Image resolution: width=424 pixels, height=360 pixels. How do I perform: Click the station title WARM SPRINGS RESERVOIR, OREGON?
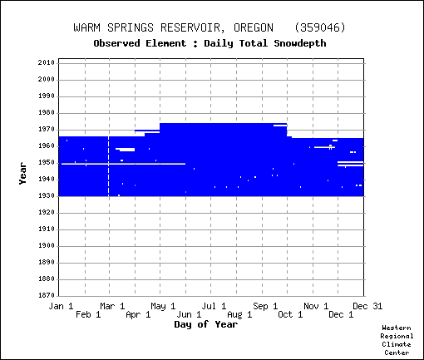(174, 27)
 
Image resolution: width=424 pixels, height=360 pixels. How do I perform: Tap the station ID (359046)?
(320, 27)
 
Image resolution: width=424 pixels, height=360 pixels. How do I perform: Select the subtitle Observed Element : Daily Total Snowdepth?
(210, 43)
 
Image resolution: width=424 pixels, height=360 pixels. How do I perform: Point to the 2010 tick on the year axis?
(47, 63)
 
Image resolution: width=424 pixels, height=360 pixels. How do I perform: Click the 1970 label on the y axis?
(47, 130)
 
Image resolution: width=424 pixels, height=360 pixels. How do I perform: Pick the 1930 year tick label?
(47, 196)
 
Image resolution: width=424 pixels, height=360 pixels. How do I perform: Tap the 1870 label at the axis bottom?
(47, 295)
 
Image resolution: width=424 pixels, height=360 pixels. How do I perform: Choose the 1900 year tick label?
(47, 246)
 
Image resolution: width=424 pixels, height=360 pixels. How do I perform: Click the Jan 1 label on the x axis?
(61, 306)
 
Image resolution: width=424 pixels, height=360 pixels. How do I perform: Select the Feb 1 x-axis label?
(88, 314)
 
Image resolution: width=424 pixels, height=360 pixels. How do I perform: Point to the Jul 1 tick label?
(214, 306)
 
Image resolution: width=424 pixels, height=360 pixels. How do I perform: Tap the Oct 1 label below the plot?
(290, 314)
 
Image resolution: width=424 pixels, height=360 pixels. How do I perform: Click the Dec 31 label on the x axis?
(367, 306)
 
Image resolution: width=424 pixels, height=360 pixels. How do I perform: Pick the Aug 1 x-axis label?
(239, 314)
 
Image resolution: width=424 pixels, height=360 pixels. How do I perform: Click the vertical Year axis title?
(22, 174)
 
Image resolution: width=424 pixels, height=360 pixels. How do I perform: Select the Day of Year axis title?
(206, 324)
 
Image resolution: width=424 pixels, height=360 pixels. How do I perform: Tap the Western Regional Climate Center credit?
(397, 340)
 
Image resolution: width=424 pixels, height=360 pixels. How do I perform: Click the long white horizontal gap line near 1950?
(123, 164)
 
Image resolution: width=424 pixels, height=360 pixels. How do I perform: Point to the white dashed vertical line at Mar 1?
(108, 166)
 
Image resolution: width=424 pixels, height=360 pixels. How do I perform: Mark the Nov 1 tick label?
(316, 306)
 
